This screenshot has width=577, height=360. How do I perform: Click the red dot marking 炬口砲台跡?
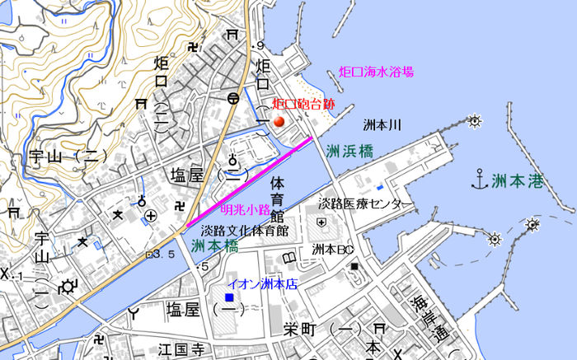[279, 122]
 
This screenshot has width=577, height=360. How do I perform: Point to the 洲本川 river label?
[382, 126]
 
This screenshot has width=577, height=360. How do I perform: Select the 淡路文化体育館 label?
[245, 231]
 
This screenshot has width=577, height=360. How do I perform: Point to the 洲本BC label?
[332, 249]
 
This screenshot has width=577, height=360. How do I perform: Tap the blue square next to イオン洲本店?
[230, 297]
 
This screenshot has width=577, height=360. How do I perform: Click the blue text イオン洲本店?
[262, 283]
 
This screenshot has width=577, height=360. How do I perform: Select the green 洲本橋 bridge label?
[214, 245]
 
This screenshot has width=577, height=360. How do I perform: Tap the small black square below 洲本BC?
[354, 266]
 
